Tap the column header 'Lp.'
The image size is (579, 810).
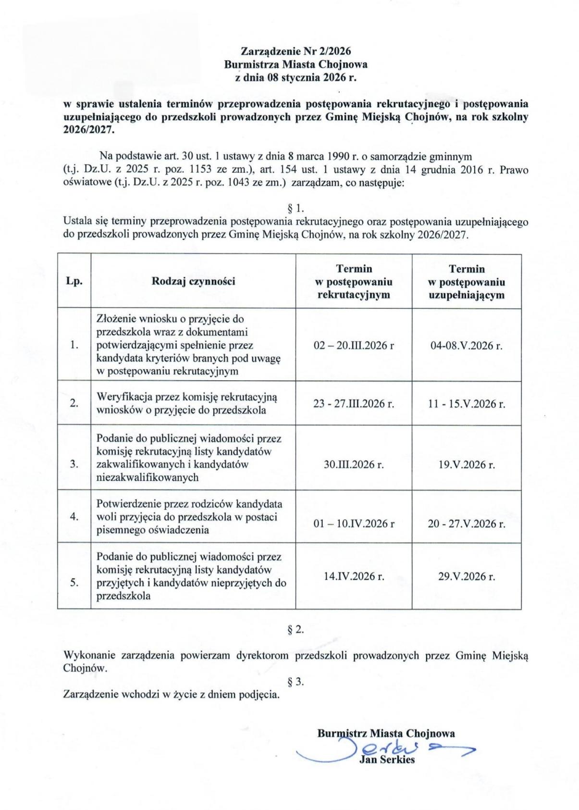click(x=74, y=282)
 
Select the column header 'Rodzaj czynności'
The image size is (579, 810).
click(x=193, y=281)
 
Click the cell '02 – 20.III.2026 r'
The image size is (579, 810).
click(x=354, y=345)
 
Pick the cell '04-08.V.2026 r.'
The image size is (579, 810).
click(x=466, y=345)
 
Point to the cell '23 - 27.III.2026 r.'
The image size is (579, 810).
click(x=354, y=403)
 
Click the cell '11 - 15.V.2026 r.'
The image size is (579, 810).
click(x=466, y=403)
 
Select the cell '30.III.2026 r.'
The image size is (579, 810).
click(x=354, y=464)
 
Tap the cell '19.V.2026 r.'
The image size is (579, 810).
click(x=466, y=464)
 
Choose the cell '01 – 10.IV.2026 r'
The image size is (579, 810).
click(x=354, y=523)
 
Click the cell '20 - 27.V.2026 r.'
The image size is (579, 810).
click(x=466, y=523)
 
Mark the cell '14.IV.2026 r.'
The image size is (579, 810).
click(x=354, y=576)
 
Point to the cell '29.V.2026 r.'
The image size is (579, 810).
click(x=466, y=576)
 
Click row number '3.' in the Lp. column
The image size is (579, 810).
click(x=74, y=464)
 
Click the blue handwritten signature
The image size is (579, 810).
click(x=384, y=748)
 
